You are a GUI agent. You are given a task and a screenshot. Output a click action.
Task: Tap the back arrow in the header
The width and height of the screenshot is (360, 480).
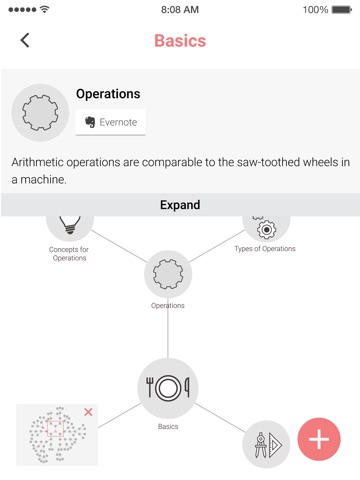tap(25, 40)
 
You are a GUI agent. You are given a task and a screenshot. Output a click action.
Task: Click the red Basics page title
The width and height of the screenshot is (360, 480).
tap(180, 41)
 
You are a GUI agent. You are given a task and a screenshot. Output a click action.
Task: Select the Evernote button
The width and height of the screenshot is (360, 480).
tap(110, 122)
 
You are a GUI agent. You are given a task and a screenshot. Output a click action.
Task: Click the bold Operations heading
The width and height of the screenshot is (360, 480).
tap(108, 94)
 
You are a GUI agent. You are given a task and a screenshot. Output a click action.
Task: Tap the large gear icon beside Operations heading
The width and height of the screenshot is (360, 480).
tap(40, 113)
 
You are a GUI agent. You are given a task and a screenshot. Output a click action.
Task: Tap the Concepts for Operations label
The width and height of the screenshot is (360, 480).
tap(69, 253)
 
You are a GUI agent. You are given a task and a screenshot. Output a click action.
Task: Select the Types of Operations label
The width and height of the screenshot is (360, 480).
tap(265, 249)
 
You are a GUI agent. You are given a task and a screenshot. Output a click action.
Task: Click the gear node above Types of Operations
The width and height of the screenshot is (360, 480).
tap(266, 227)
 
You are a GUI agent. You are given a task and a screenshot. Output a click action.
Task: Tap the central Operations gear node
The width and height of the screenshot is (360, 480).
tap(168, 274)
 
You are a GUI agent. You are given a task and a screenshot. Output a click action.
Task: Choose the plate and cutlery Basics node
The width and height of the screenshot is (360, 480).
tap(168, 388)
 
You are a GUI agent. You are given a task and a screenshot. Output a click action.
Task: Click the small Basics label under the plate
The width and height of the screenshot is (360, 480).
tap(168, 426)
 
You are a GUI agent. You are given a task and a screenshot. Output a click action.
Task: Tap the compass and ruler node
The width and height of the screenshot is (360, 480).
tap(266, 444)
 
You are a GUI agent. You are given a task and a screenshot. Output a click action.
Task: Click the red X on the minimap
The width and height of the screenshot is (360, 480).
tap(88, 412)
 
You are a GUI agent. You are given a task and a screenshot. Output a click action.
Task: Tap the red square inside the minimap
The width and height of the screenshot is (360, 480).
tap(55, 428)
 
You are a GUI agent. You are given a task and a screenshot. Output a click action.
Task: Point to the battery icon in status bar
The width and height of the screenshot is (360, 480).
tap(342, 10)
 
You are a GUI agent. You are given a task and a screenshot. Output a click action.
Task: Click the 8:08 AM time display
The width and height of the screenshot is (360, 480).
tap(180, 10)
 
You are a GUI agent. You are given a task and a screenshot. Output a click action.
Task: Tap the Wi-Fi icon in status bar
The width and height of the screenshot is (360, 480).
tap(44, 9)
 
